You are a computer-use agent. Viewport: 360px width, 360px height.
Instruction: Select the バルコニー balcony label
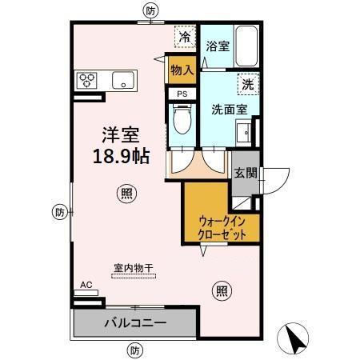click(x=134, y=324)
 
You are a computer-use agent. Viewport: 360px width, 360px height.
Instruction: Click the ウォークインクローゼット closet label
click(x=216, y=227)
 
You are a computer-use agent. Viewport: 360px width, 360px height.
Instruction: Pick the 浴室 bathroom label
click(x=218, y=46)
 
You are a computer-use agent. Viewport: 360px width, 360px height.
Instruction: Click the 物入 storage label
click(x=182, y=70)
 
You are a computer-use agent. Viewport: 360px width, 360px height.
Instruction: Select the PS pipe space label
click(x=182, y=94)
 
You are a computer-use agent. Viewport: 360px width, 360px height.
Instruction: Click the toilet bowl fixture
click(x=182, y=122)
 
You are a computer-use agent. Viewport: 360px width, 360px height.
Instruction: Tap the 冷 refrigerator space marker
click(x=185, y=37)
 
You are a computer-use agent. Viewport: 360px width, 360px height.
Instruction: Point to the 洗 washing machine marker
click(x=248, y=82)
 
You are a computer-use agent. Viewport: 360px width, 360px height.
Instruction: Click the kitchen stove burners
click(x=87, y=80)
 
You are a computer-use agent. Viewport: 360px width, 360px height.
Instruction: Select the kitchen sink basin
click(x=123, y=80)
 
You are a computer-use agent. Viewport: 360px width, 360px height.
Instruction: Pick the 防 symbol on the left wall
click(x=60, y=212)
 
